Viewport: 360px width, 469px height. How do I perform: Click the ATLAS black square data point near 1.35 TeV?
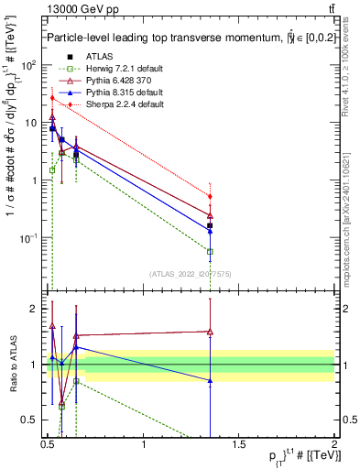(x=211, y=225)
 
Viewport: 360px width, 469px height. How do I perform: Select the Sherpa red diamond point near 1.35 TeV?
(x=211, y=196)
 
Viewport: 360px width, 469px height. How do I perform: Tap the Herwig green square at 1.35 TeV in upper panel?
(x=211, y=251)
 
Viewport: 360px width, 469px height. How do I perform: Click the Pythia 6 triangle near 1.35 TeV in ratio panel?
(x=211, y=332)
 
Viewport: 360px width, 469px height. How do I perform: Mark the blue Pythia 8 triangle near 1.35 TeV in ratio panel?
(x=211, y=380)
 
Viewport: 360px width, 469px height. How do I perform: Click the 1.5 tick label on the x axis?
(x=239, y=444)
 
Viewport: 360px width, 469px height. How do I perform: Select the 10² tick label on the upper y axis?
(x=28, y=65)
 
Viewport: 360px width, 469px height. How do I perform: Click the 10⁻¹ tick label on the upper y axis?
(x=28, y=238)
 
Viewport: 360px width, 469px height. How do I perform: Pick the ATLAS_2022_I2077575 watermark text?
(x=183, y=274)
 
